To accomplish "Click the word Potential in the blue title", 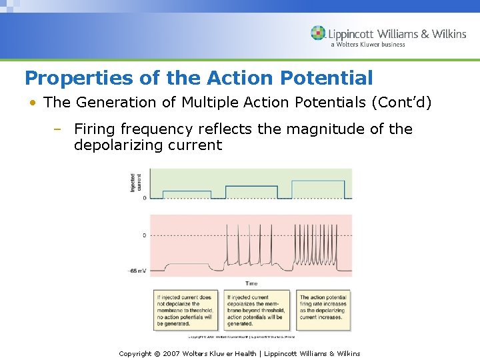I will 327,78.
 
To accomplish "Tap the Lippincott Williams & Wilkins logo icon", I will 318,33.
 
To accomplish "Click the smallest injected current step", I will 187,194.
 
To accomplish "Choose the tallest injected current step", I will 318,189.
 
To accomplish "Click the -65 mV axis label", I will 138,271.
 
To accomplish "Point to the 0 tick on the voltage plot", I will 144,235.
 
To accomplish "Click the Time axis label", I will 251,283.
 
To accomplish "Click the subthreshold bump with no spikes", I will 187,265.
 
